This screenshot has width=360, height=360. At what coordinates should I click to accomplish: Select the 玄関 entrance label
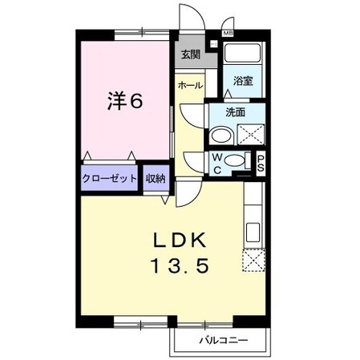click(x=190, y=55)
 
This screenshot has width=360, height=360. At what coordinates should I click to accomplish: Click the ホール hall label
click(x=190, y=85)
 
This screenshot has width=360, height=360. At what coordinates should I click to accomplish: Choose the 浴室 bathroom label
click(x=242, y=81)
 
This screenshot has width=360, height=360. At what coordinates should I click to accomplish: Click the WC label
click(x=218, y=163)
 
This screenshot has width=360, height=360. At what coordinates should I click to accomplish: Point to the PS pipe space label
click(x=261, y=163)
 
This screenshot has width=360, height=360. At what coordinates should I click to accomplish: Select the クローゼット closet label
click(x=110, y=179)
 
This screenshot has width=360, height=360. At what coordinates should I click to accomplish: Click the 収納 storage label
click(x=156, y=179)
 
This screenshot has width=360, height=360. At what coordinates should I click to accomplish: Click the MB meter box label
click(x=227, y=33)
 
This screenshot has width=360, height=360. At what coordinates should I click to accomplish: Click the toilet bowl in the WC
click(x=233, y=162)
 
